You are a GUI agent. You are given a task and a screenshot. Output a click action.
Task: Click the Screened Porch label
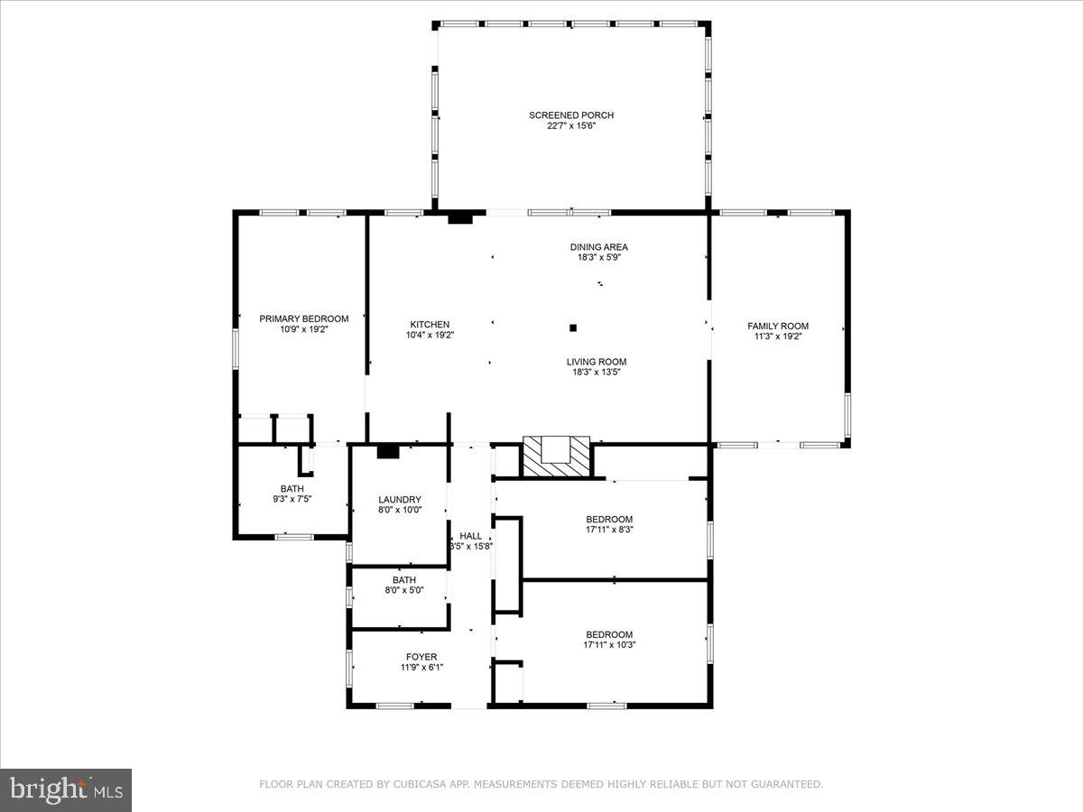571,115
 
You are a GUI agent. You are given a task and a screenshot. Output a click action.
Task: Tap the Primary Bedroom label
303,318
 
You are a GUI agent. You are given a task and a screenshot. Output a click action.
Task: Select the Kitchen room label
430,325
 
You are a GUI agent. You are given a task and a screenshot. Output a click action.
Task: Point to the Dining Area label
598,247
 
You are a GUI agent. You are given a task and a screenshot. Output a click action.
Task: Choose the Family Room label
777,326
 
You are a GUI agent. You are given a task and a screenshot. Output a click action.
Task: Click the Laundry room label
399,500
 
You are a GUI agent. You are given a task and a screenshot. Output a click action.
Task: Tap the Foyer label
421,657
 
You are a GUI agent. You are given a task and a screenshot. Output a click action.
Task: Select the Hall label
470,535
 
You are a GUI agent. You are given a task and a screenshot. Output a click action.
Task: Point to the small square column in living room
572,328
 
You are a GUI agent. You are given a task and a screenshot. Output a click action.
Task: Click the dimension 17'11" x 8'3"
609,531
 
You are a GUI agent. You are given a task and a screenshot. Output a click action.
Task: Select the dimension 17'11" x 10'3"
609,645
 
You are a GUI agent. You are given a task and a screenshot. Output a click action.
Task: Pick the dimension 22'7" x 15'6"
571,126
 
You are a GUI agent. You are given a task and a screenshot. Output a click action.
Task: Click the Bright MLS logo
66,789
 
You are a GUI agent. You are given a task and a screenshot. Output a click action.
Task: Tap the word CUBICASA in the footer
417,785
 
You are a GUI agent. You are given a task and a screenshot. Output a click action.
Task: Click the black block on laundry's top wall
388,451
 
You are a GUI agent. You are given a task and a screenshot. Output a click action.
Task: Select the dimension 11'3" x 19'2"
777,337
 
